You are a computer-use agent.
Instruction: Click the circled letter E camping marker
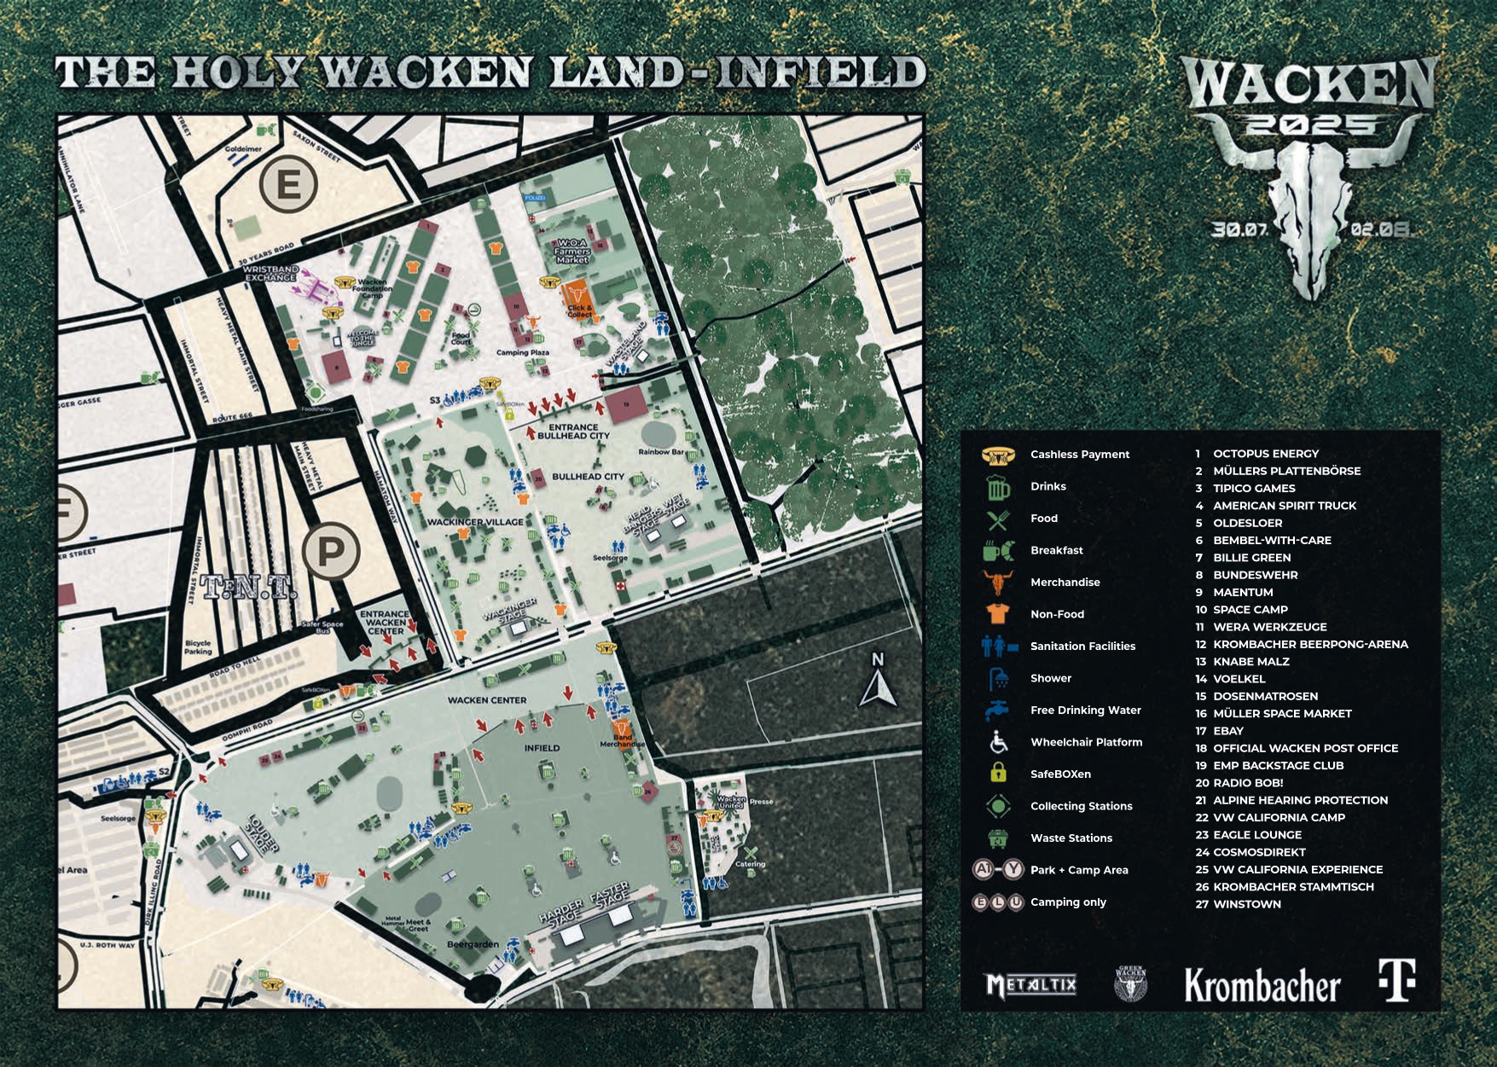click(290, 185)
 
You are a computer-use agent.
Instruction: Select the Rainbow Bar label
click(661, 452)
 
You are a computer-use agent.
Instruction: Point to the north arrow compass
click(878, 681)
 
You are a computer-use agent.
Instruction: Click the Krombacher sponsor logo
click(1262, 986)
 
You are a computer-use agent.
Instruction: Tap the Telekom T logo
click(1397, 981)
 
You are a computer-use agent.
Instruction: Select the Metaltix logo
click(1030, 986)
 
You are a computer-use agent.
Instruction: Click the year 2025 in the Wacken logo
click(1307, 127)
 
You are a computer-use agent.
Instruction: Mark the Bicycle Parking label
click(198, 647)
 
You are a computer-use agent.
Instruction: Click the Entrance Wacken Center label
click(385, 622)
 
